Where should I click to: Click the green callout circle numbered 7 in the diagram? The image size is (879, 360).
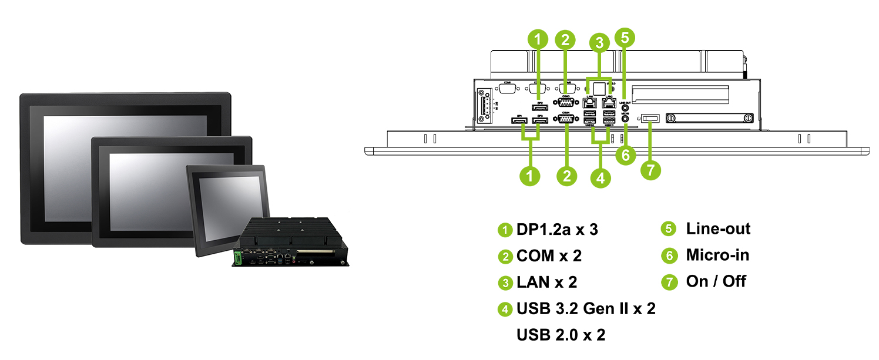point(650,170)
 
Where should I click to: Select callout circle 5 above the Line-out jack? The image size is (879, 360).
point(624,37)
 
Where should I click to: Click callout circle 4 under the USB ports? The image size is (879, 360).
point(599,176)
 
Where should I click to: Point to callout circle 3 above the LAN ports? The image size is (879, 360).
point(599,43)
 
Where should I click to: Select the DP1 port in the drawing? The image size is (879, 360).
point(519,121)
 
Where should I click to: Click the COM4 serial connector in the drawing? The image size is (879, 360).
point(566,119)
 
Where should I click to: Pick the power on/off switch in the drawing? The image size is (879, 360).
point(650,119)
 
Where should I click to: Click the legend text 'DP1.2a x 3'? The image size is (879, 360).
point(557,230)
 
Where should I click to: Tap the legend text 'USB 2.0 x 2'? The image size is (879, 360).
point(561,335)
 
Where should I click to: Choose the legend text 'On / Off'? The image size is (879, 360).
point(716,281)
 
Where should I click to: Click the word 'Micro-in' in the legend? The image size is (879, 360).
point(717,255)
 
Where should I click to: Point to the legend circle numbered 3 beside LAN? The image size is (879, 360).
point(505,283)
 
